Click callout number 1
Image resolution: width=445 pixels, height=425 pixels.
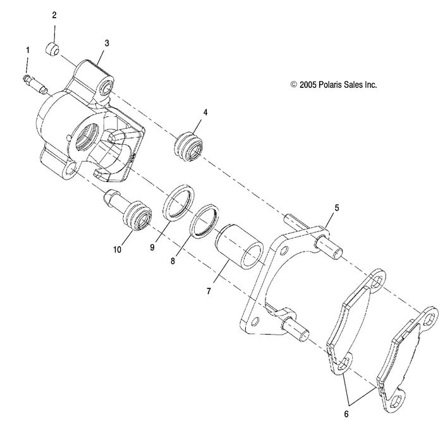pos(27,49)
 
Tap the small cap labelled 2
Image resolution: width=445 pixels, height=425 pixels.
pos(54,49)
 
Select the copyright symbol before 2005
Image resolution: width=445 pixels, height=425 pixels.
pos(293,84)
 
